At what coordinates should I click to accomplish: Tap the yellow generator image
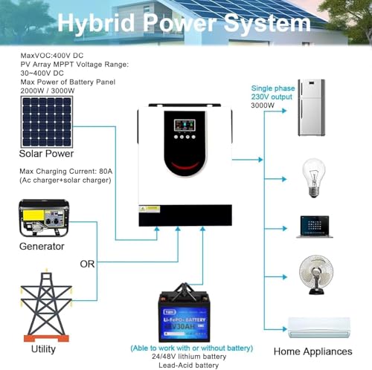[42, 216]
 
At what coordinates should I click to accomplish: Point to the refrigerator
[311, 108]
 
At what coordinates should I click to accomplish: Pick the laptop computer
[312, 226]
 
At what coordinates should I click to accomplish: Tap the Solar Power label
[46, 153]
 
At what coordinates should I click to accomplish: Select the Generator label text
[42, 246]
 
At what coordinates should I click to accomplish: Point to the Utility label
[43, 348]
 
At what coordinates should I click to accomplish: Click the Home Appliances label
[312, 351]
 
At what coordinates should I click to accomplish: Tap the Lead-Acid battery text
[192, 365]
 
